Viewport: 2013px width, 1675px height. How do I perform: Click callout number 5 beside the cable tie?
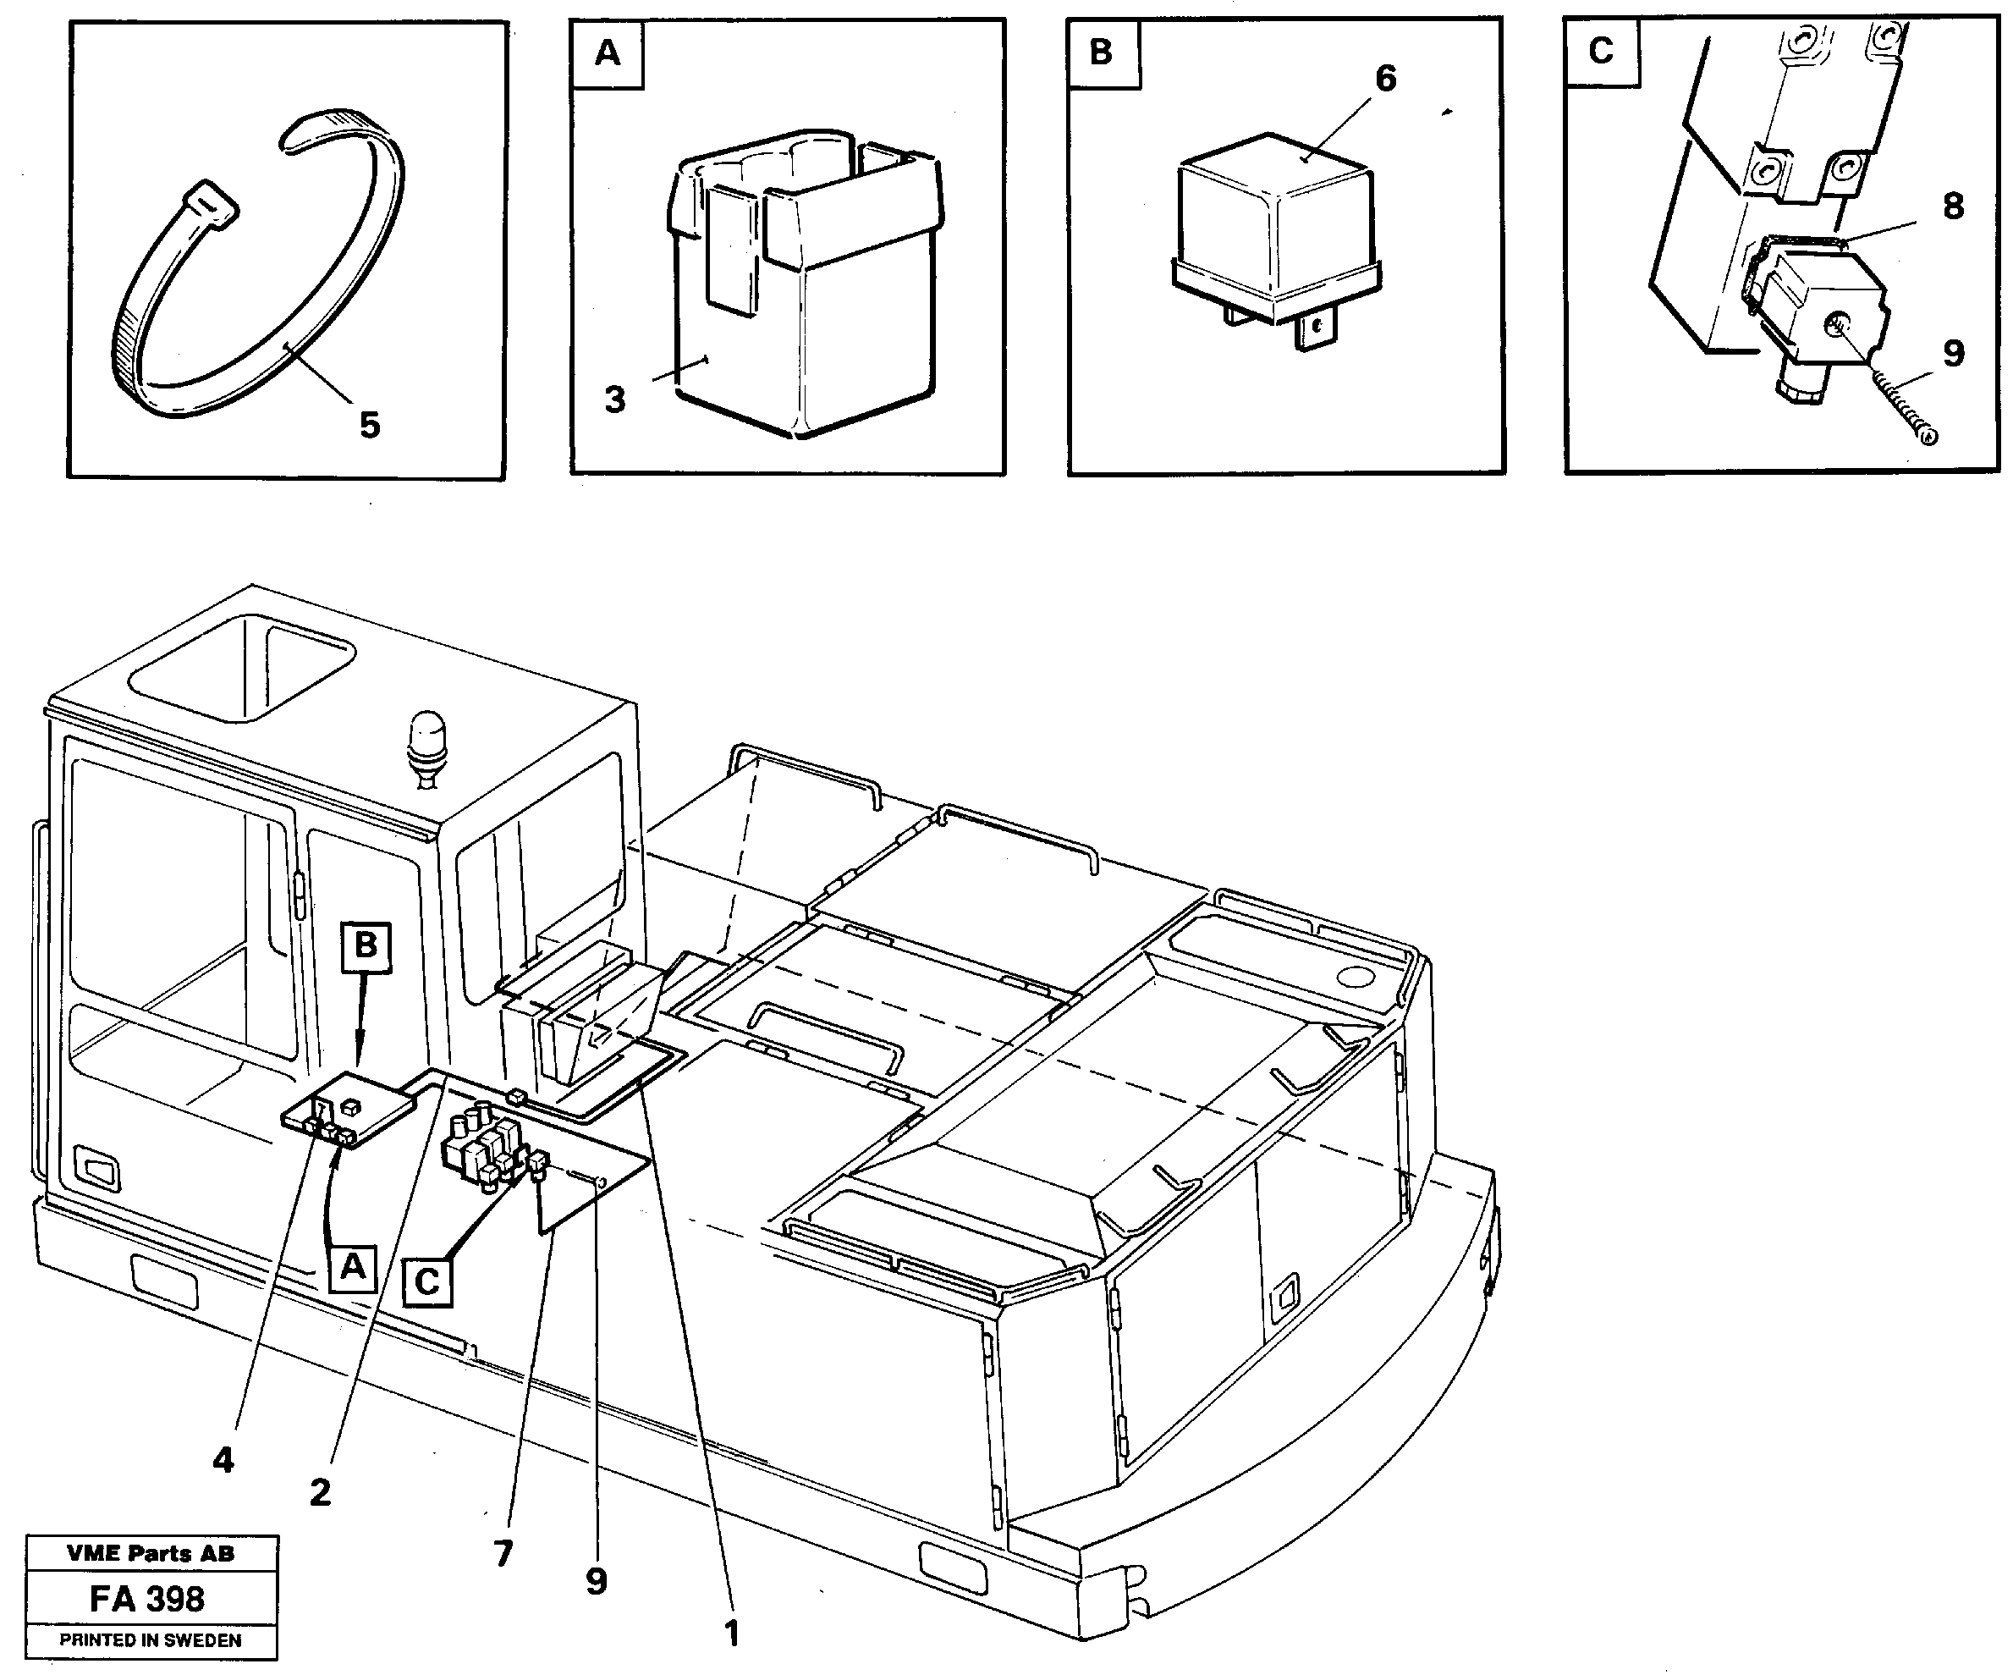[369, 425]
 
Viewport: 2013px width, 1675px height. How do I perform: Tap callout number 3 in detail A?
[614, 399]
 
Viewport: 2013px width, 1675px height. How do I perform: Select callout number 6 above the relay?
[1385, 79]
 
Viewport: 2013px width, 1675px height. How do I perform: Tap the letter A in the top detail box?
[607, 53]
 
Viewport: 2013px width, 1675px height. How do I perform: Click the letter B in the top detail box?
[1102, 52]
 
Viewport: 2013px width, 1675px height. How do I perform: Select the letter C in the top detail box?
[1600, 51]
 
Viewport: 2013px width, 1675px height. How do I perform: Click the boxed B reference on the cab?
[366, 946]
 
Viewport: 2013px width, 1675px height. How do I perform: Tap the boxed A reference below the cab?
[352, 1268]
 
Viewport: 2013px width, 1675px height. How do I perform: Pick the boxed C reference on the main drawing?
[426, 1282]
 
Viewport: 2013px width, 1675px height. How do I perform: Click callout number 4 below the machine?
[223, 1461]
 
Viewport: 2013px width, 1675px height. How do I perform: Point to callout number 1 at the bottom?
[731, 1633]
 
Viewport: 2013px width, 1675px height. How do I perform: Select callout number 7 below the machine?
[503, 1552]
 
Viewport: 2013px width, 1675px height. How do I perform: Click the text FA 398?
[147, 1601]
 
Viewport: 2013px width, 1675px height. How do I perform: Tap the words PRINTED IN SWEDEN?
[151, 1640]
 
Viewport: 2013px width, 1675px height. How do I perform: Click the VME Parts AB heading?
[151, 1554]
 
